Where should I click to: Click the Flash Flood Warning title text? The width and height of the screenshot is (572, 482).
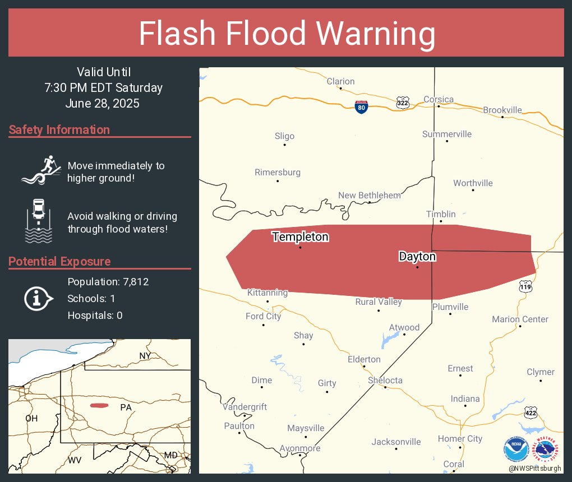click(287, 34)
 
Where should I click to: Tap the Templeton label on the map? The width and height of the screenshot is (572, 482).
click(300, 237)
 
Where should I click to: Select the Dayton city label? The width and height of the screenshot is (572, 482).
click(417, 257)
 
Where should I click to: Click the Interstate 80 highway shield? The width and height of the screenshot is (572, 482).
click(362, 107)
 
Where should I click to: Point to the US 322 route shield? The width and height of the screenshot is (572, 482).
click(403, 103)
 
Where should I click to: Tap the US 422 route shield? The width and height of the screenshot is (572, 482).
click(530, 413)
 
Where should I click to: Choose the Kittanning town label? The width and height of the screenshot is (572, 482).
click(267, 293)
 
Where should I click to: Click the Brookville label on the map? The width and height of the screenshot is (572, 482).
click(502, 110)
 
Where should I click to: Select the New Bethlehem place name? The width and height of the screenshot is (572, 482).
click(369, 195)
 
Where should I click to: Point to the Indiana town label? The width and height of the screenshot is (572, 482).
click(465, 398)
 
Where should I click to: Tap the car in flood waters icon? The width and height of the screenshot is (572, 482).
click(39, 221)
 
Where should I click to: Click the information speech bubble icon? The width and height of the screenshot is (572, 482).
click(38, 298)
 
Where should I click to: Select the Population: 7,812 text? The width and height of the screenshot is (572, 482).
click(108, 281)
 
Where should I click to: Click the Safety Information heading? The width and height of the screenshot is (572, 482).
click(59, 130)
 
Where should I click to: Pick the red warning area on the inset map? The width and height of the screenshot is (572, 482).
click(99, 405)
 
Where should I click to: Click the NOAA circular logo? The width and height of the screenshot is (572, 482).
click(516, 448)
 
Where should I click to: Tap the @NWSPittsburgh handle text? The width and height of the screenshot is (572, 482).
click(534, 467)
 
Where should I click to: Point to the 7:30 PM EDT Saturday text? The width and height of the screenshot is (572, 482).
click(103, 87)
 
